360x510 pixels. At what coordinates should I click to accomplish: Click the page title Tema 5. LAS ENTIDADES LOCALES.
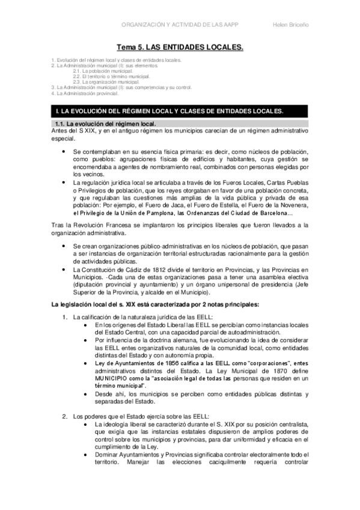(180, 46)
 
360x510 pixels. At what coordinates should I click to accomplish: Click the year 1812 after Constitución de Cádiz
(145, 270)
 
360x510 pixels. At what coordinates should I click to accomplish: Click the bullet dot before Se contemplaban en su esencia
(64, 153)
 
